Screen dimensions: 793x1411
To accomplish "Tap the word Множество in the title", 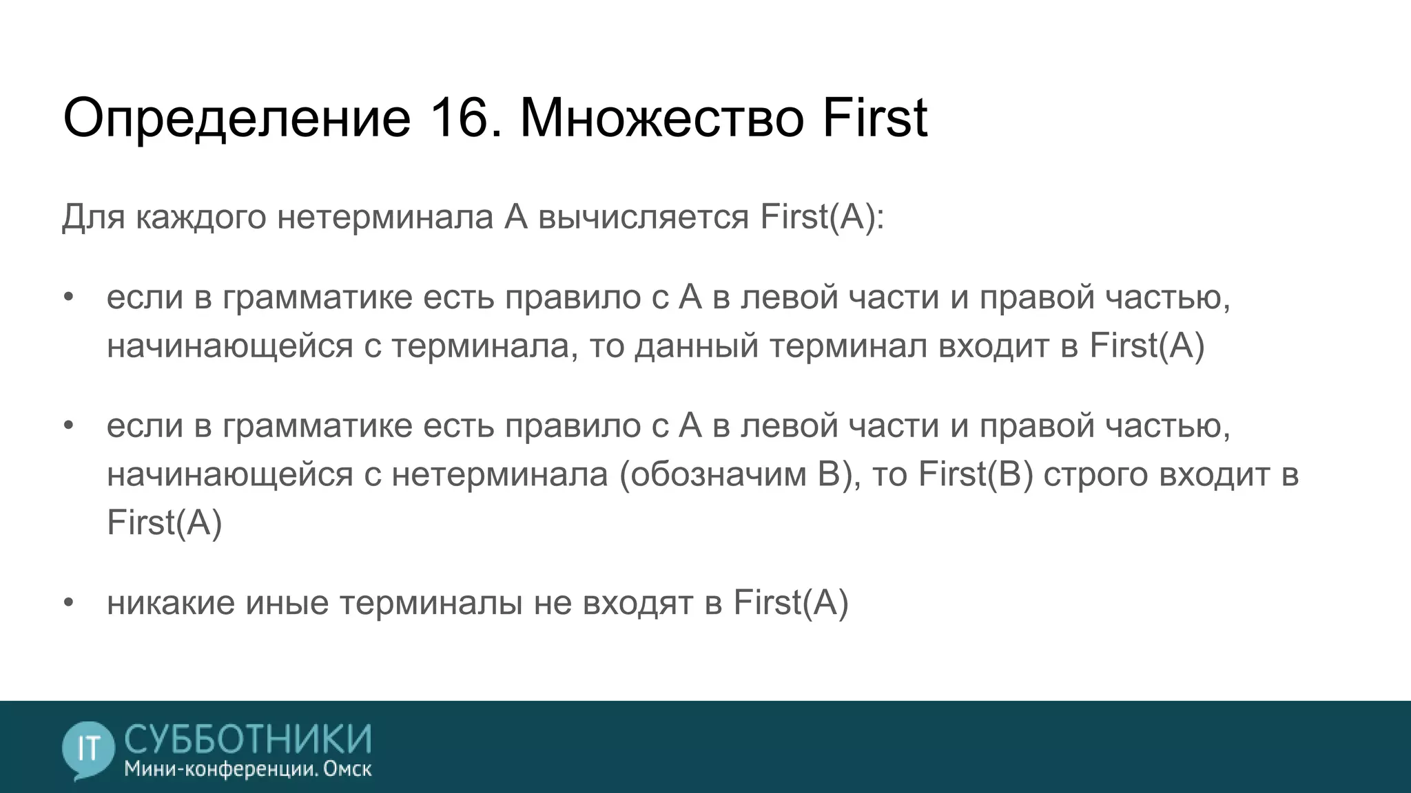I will click(661, 118).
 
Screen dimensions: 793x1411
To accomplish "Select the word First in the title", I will click(874, 118).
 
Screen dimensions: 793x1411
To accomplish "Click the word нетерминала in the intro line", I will click(385, 218).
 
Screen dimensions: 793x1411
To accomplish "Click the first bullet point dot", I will click(68, 298).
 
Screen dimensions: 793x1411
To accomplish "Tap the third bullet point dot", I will click(68, 603).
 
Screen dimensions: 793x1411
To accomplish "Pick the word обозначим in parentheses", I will click(717, 474).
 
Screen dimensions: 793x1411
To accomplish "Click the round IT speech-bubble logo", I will click(87, 749).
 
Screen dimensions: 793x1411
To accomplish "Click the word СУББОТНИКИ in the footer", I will click(248, 738).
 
